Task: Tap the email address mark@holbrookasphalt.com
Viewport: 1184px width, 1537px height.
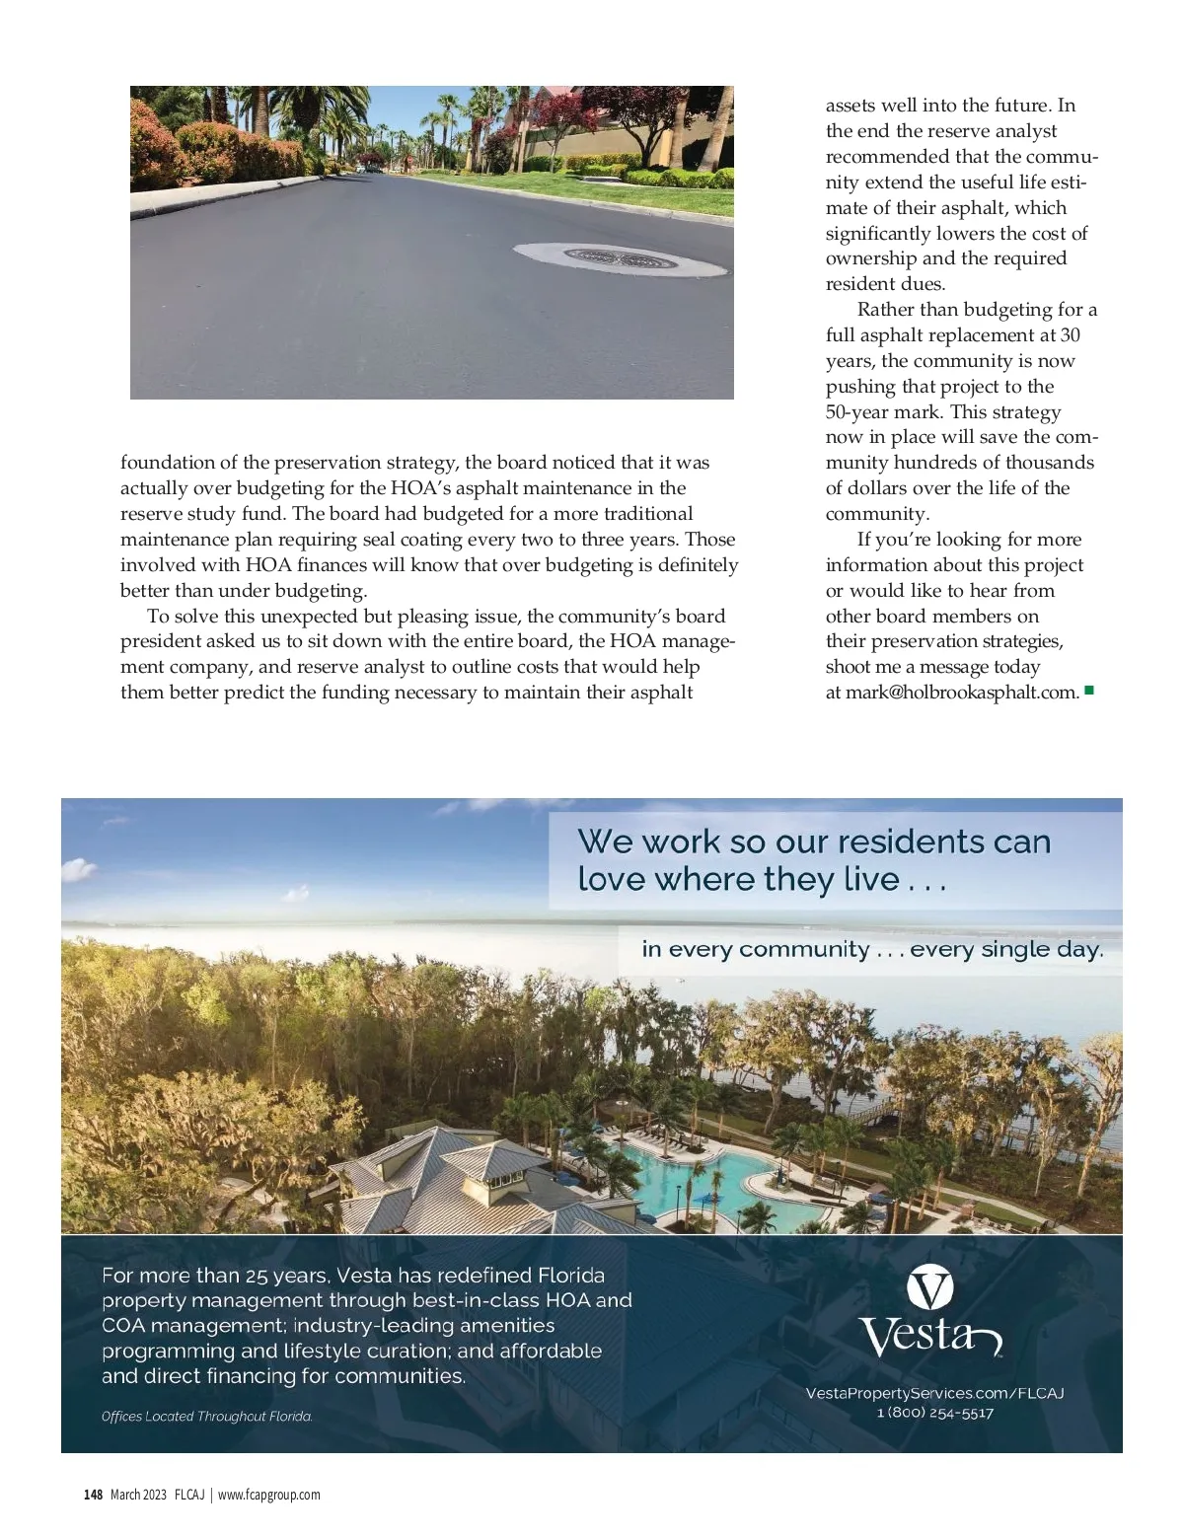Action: pyautogui.click(x=961, y=693)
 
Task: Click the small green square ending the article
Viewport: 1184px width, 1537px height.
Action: pyautogui.click(x=1089, y=691)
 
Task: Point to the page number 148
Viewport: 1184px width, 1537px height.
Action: pyautogui.click(x=93, y=1495)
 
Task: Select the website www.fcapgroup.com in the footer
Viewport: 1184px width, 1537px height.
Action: pyautogui.click(x=268, y=1495)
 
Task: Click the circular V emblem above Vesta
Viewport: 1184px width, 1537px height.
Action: pyautogui.click(x=929, y=1288)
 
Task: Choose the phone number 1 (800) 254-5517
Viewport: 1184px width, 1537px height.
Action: pyautogui.click(x=935, y=1413)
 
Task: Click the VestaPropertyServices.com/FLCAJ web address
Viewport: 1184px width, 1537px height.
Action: pyautogui.click(x=935, y=1393)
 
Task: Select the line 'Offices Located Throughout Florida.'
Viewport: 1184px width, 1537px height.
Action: pyautogui.click(x=207, y=1417)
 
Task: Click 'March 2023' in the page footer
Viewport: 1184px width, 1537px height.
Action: pyautogui.click(x=138, y=1495)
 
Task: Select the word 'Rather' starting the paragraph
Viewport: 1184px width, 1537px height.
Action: pyautogui.click(x=886, y=310)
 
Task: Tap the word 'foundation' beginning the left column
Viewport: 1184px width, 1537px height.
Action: pyautogui.click(x=167, y=463)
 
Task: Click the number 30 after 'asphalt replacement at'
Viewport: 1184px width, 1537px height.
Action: pyautogui.click(x=1070, y=335)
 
